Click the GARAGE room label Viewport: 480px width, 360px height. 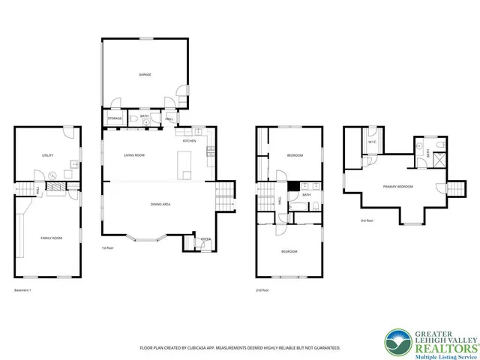click(145, 75)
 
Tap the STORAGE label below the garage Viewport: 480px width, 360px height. click(115, 118)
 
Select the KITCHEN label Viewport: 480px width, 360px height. click(190, 140)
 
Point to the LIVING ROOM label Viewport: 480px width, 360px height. click(134, 155)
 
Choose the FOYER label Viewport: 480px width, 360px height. click(205, 239)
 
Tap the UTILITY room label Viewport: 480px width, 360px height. click(47, 155)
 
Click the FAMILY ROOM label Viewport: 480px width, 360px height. click(51, 238)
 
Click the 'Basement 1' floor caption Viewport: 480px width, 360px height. click(25, 290)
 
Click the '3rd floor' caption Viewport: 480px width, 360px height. click(368, 220)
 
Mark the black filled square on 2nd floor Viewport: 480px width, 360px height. click(294, 186)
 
